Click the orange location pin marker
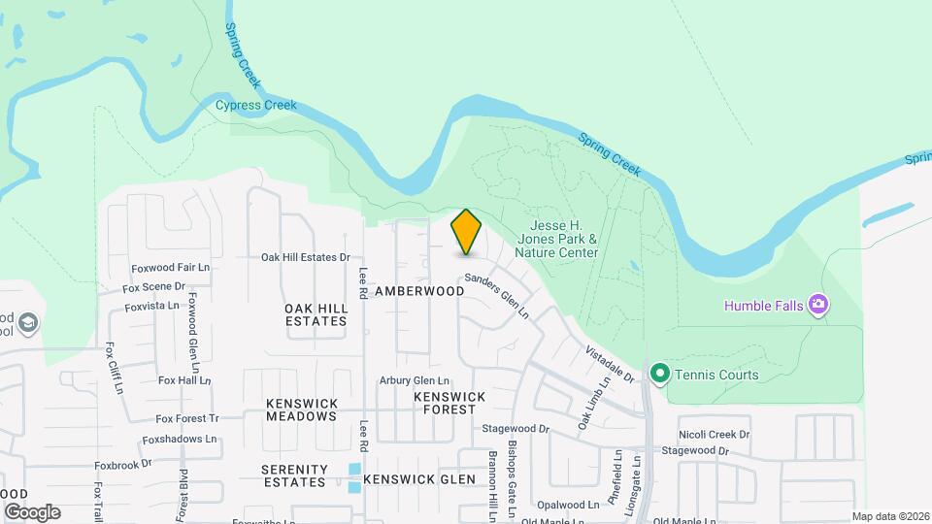(x=466, y=232)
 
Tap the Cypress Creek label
(x=255, y=105)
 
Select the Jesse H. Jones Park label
(x=556, y=239)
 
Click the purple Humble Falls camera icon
(x=818, y=306)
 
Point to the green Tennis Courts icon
(x=660, y=374)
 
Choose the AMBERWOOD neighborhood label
(x=419, y=291)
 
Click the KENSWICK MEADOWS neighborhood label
(x=301, y=409)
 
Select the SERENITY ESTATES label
(x=293, y=475)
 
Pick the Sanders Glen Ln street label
(x=496, y=296)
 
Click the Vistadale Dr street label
(x=609, y=363)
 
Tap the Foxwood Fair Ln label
(x=171, y=268)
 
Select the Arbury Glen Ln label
(x=415, y=380)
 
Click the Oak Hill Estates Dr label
(x=305, y=257)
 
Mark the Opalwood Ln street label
(x=568, y=505)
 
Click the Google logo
(x=32, y=511)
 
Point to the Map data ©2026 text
(x=889, y=516)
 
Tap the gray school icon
(x=29, y=323)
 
